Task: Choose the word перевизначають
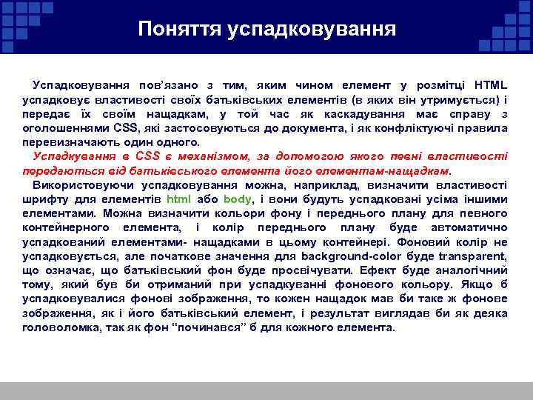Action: click(x=60, y=141)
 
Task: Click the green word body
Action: click(x=237, y=199)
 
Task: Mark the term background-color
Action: click(x=370, y=255)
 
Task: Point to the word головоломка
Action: click(x=58, y=326)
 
